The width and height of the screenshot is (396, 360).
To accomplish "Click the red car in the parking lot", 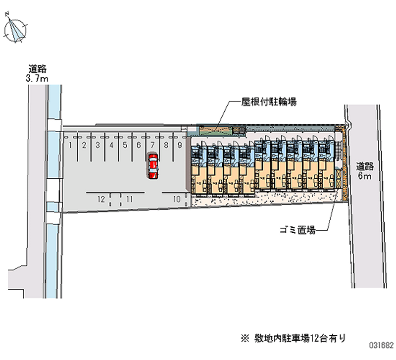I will point(153,166).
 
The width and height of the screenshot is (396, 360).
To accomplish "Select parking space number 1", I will point(71,145).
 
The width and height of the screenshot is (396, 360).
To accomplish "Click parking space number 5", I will point(125,145).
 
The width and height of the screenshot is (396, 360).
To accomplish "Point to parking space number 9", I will point(179,145).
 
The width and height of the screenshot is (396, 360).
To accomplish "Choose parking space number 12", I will point(101,199).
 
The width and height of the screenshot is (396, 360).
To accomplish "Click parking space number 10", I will point(177,199).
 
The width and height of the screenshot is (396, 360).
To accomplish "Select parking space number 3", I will point(98,145).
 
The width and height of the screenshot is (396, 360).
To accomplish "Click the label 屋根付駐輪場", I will point(269,102).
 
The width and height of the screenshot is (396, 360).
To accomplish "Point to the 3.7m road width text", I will point(37,78).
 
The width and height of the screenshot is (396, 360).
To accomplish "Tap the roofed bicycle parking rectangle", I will point(216,130).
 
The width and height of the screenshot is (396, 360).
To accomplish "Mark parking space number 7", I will point(152,145).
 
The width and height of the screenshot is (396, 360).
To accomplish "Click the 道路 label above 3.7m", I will point(37,69).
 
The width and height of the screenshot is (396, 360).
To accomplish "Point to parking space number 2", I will point(85,145).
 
